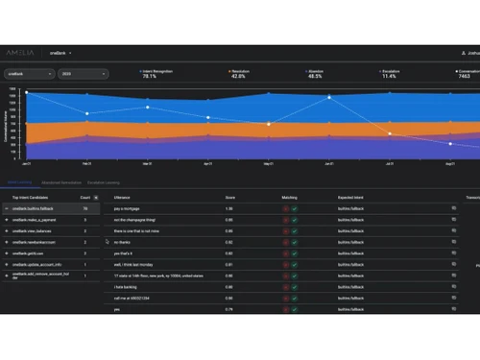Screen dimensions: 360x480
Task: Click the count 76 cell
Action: [85, 207]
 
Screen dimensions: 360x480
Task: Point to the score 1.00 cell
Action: [229, 207]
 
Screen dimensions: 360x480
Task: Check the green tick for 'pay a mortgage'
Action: [296, 207]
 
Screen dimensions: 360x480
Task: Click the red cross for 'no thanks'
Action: [285, 242]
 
